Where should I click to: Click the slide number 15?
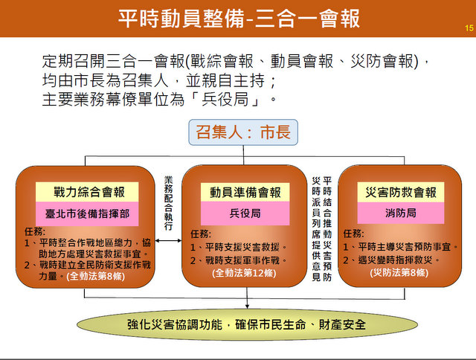point(469,28)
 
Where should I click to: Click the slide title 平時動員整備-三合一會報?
point(239,18)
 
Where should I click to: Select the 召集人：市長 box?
point(243,132)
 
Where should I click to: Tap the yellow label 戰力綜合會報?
point(87,192)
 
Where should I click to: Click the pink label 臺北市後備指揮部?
point(87,213)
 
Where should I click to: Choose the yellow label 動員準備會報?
point(245,192)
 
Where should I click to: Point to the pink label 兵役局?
point(245,213)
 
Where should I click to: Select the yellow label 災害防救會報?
point(401,192)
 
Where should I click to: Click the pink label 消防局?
point(401,213)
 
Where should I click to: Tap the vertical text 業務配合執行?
point(168,203)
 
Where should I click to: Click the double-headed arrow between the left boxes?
point(168,241)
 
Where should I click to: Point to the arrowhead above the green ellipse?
point(247,306)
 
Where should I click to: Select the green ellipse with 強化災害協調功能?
point(247,324)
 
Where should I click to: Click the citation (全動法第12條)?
point(244,273)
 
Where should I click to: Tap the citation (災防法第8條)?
point(399,272)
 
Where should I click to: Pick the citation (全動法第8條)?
point(95,276)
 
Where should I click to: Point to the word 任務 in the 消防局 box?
point(353,234)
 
